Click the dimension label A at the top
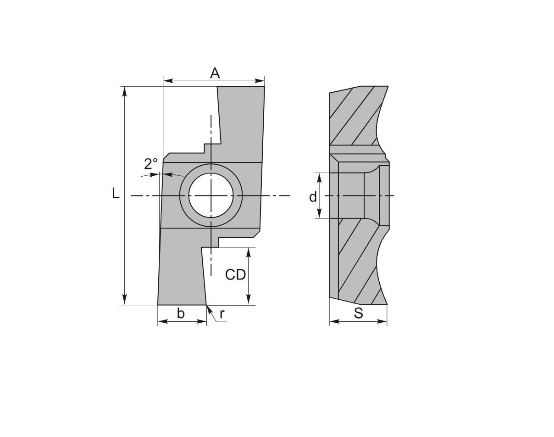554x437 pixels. [x=215, y=73]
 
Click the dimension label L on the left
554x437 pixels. [x=116, y=194]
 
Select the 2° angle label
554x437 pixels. [x=151, y=164]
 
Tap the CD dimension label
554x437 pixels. [x=235, y=275]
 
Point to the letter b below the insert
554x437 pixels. [x=181, y=314]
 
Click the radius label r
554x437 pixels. [x=222, y=314]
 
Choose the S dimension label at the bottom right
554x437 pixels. [x=359, y=314]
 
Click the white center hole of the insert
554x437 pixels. [x=211, y=196]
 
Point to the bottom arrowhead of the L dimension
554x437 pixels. [x=124, y=300]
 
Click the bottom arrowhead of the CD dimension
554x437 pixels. [x=249, y=301]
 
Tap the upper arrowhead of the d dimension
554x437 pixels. [x=320, y=177]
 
